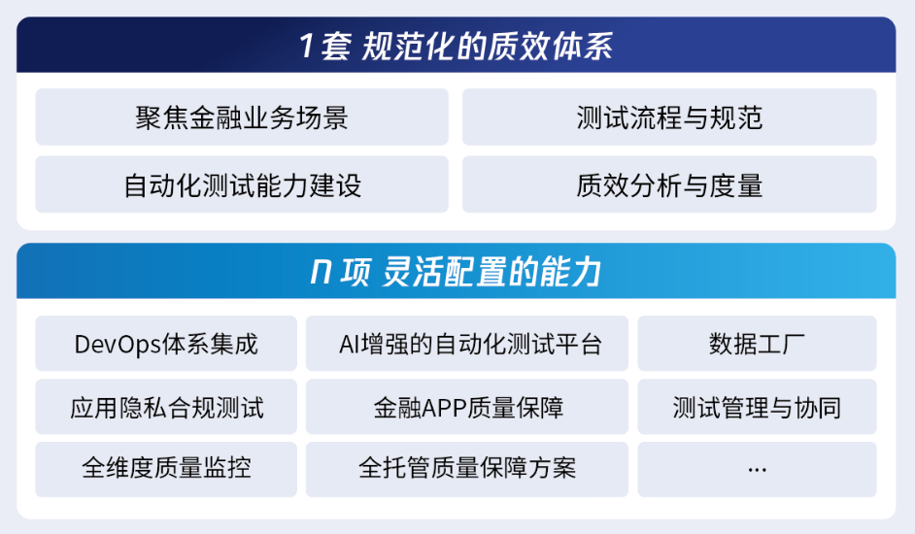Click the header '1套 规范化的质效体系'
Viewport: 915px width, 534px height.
[x=456, y=46]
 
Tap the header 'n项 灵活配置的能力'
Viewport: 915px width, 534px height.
[x=456, y=272]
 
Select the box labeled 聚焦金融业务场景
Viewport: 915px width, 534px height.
[x=242, y=117]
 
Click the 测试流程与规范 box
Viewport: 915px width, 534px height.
[x=669, y=117]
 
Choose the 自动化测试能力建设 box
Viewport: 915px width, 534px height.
[x=242, y=184]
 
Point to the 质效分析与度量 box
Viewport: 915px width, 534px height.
[x=669, y=184]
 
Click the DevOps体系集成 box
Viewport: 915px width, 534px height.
[x=166, y=344]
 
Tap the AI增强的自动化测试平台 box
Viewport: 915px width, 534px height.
[x=467, y=344]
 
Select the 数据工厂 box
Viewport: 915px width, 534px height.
[x=757, y=344]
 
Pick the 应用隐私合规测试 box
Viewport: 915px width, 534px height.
[x=166, y=407]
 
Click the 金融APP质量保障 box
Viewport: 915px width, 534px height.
[x=467, y=407]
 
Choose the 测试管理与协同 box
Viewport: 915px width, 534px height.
[x=757, y=407]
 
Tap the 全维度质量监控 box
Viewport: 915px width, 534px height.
[x=166, y=469]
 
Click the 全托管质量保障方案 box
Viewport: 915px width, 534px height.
[x=467, y=469]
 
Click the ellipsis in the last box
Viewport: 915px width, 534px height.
[x=757, y=469]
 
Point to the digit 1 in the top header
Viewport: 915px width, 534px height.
[x=307, y=46]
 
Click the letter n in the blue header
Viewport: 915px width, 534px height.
[x=321, y=272]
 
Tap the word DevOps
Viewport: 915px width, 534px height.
[x=118, y=345]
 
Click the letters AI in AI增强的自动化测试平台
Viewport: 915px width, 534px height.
[x=350, y=345]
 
